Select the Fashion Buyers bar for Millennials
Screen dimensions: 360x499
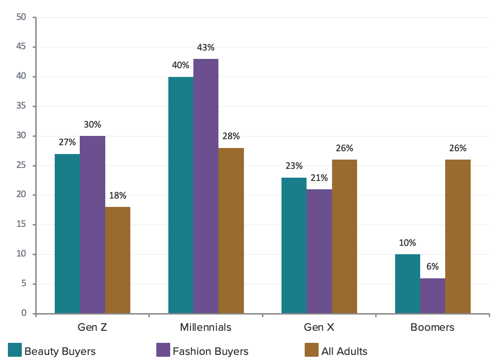(206, 186)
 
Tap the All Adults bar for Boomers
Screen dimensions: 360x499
(458, 237)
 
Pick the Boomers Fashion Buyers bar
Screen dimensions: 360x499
(433, 296)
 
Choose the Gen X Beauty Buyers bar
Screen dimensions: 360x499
(294, 245)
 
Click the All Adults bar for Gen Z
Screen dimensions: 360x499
(118, 260)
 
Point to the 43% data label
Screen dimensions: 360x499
(206, 47)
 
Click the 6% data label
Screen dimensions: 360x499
(433, 267)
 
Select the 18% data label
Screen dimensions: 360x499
(118, 195)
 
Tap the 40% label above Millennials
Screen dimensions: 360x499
(180, 65)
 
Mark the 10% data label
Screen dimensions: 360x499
(407, 243)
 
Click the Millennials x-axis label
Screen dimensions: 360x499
(205, 327)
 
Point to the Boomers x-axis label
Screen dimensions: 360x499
(432, 327)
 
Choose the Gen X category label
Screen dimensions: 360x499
(319, 327)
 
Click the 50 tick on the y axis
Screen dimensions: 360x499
(20, 17)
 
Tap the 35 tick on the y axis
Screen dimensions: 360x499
(20, 106)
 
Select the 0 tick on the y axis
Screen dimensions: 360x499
(23, 314)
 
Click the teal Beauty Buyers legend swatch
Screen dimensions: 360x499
(15, 350)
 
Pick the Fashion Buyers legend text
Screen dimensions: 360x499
(211, 351)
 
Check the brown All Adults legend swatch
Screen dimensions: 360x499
(311, 350)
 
